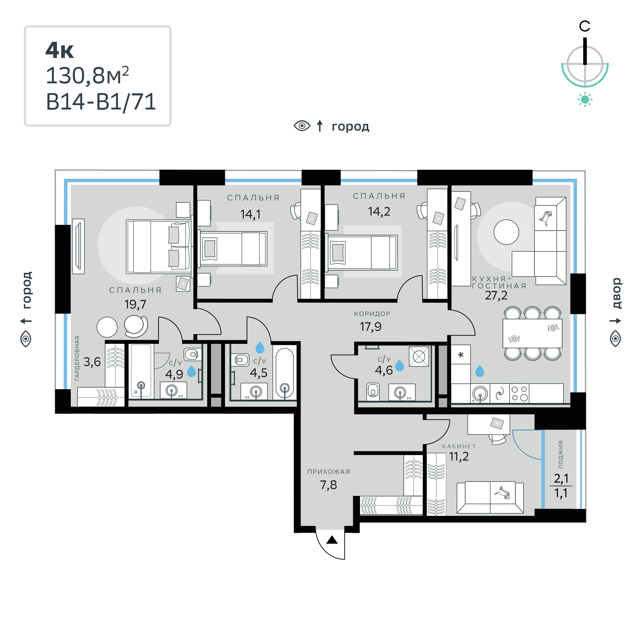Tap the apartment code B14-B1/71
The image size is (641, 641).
coord(101,102)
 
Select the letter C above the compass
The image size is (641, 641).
coord(585,26)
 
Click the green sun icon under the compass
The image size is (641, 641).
coord(585,99)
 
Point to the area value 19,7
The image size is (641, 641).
coord(135,305)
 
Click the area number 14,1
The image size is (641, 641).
coord(250,215)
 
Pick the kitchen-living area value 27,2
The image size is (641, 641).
coord(496,296)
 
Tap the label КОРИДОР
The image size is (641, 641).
coord(372,314)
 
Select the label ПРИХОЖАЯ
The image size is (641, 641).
coord(328,472)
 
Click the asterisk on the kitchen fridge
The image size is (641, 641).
coord(460,355)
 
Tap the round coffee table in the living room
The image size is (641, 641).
coord(506,232)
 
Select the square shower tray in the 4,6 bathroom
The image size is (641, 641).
coord(419,357)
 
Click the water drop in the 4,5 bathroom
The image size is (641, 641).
coord(260,348)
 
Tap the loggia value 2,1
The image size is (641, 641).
coord(561,478)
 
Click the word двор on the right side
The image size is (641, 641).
coord(616,293)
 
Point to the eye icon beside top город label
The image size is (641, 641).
coord(302,126)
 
